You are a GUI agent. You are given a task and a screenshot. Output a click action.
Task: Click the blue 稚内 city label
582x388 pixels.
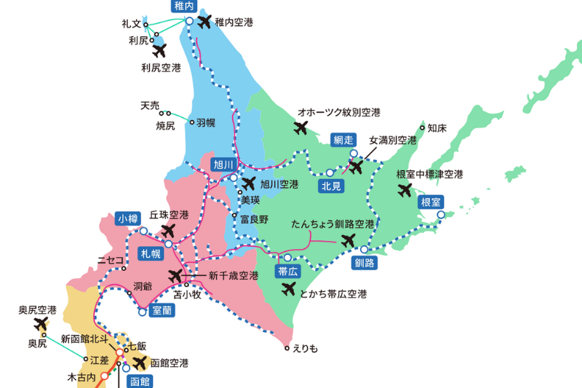[184, 6]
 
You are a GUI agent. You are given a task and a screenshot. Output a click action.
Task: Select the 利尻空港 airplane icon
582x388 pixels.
[160, 51]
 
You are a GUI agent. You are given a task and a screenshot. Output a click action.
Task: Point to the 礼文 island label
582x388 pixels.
[131, 24]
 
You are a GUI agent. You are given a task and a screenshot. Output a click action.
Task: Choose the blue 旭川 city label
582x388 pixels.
[223, 164]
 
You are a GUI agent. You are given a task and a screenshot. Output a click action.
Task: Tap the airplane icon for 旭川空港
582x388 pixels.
[249, 183]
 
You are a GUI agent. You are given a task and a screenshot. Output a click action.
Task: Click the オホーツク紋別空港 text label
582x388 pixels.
[339, 113]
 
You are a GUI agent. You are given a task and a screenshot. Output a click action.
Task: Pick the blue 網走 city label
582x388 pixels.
[343, 139]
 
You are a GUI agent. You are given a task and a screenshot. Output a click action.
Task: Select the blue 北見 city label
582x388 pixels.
[331, 186]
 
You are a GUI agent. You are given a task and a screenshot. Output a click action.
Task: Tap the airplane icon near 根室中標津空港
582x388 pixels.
[406, 191]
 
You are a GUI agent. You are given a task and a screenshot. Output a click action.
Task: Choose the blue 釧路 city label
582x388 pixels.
[365, 263]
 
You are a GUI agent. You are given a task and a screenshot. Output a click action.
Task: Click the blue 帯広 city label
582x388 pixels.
[287, 272]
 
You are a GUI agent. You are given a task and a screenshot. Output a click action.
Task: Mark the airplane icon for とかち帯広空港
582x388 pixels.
[289, 289]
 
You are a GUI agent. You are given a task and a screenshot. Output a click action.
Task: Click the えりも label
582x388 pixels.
[305, 348]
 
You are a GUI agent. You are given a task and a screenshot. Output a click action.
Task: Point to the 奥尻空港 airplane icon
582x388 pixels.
[41, 323]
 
